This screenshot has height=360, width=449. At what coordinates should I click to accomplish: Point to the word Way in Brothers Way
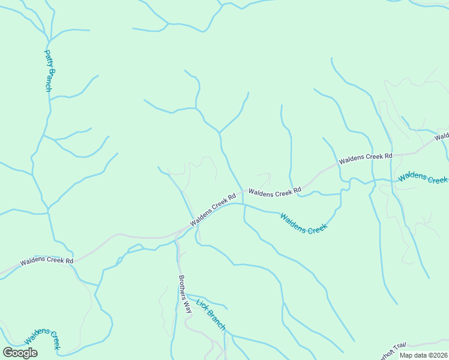coord(187,307)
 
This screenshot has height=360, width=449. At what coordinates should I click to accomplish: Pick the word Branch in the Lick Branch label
coord(216,320)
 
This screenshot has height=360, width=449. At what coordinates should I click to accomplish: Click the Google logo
coord(20,353)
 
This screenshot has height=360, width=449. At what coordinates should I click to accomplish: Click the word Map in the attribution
coord(406,355)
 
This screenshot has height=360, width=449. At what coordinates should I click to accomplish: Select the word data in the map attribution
coord(420,355)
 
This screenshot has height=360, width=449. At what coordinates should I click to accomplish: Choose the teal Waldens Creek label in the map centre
coord(304,224)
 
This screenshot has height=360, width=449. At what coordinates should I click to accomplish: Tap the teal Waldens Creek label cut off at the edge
coord(423,177)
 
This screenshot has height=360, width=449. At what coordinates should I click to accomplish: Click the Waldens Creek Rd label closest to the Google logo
coord(46,261)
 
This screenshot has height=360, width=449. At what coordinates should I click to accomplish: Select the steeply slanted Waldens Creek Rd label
coord(213,209)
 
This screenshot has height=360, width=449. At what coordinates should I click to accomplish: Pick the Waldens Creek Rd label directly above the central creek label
coord(274,193)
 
